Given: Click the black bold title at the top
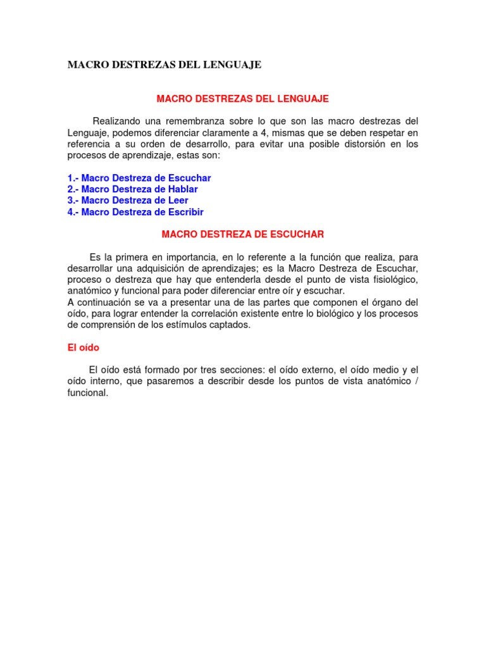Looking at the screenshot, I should pos(164,65).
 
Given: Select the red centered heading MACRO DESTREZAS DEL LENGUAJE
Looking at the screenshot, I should pos(242,99).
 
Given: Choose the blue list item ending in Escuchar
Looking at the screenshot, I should pos(139,178).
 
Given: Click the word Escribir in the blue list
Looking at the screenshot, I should pos(184,212).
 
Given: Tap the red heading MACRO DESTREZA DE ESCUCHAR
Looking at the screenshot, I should pos(242,235).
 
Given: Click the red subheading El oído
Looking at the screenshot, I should pos(84,347).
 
